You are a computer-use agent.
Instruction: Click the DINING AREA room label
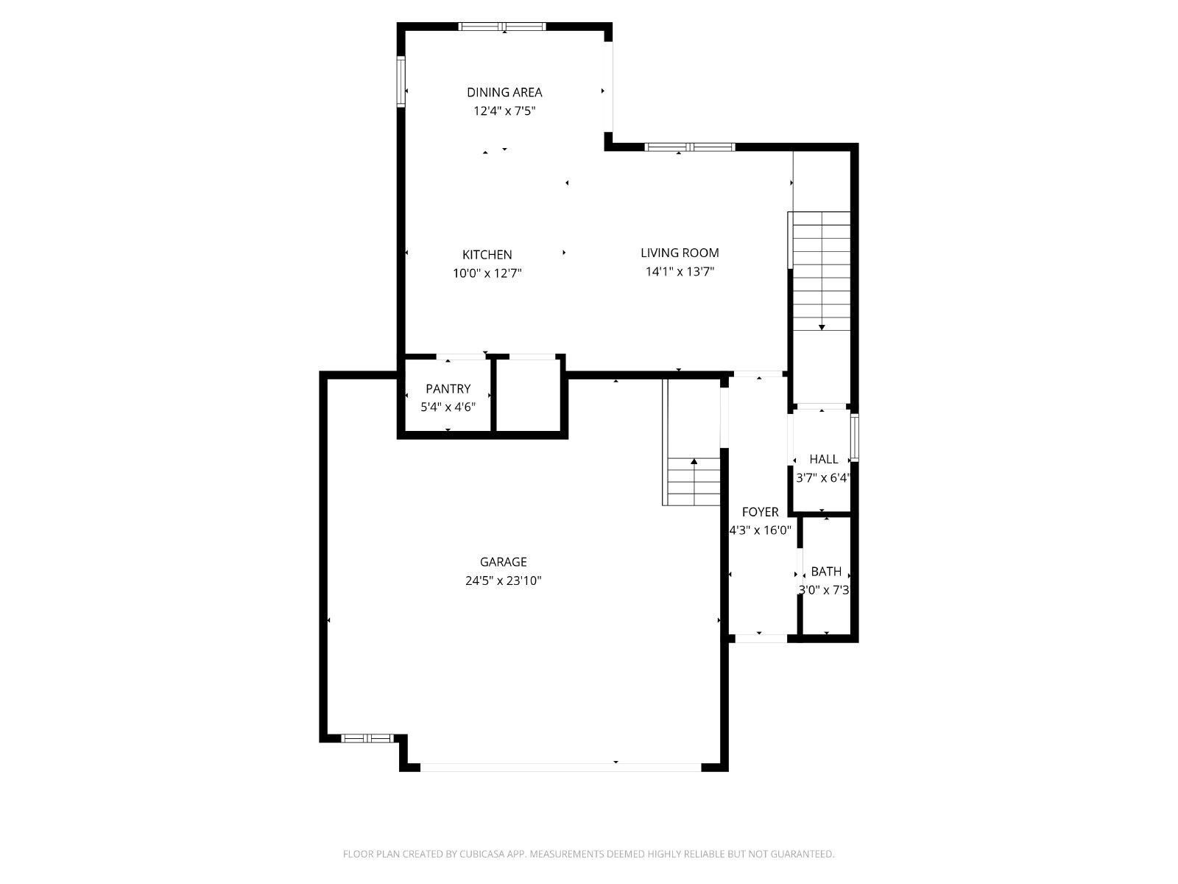504,92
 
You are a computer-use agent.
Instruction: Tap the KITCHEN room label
487,254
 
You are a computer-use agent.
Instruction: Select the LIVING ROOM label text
680,253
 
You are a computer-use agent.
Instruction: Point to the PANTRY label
448,389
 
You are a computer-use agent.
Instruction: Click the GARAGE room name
503,562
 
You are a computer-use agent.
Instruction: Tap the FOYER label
760,512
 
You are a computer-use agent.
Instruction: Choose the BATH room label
826,572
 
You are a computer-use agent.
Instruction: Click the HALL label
824,459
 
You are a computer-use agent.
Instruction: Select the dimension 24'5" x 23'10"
503,580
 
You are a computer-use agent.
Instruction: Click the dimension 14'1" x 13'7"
680,272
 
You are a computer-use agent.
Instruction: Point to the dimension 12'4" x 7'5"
504,111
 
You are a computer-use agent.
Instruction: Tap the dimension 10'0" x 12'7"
487,273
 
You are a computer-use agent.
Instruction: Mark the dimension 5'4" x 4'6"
448,407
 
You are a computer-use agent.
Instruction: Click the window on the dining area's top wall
502,27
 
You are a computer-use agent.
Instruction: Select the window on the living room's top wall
690,147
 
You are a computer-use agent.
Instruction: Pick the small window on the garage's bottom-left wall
367,739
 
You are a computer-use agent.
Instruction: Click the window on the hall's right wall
855,438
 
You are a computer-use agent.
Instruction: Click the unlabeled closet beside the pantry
529,395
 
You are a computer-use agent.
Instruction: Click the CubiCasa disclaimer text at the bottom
589,854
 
